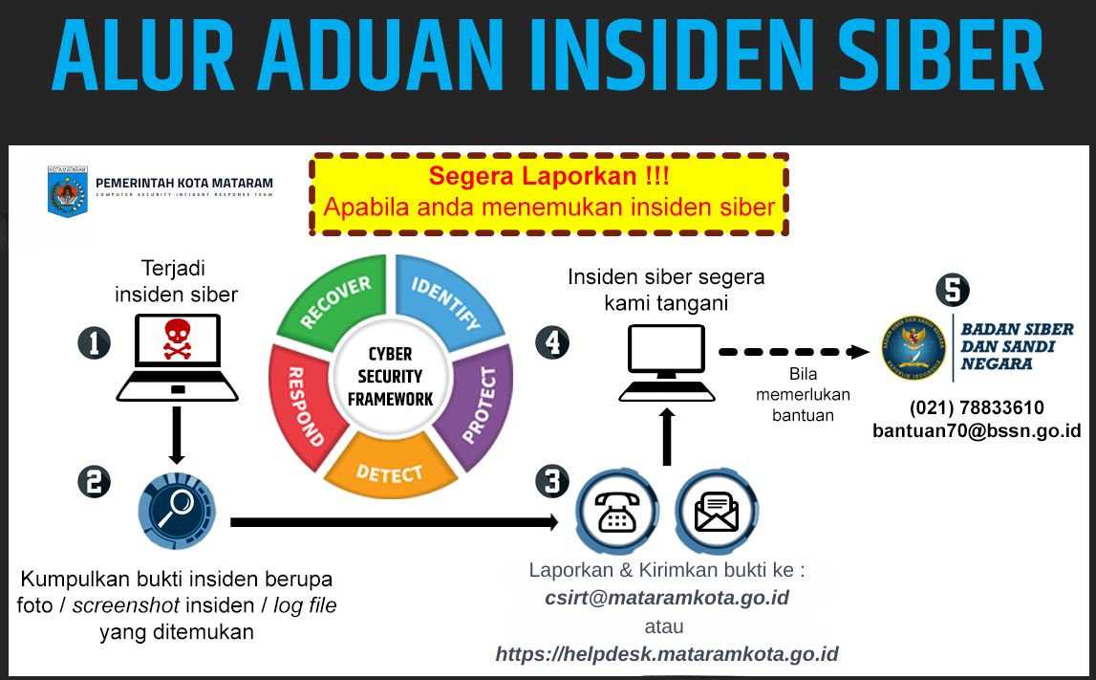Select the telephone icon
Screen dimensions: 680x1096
pos(617,511)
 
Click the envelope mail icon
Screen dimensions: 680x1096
pos(717,512)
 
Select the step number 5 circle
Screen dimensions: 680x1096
pos(952,290)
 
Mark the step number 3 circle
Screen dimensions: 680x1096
pos(551,481)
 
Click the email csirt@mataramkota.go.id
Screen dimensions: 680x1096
pos(666,599)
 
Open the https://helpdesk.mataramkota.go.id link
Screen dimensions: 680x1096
pos(666,655)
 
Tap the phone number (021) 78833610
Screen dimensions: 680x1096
pos(976,407)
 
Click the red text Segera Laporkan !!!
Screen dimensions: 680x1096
pos(548,176)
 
